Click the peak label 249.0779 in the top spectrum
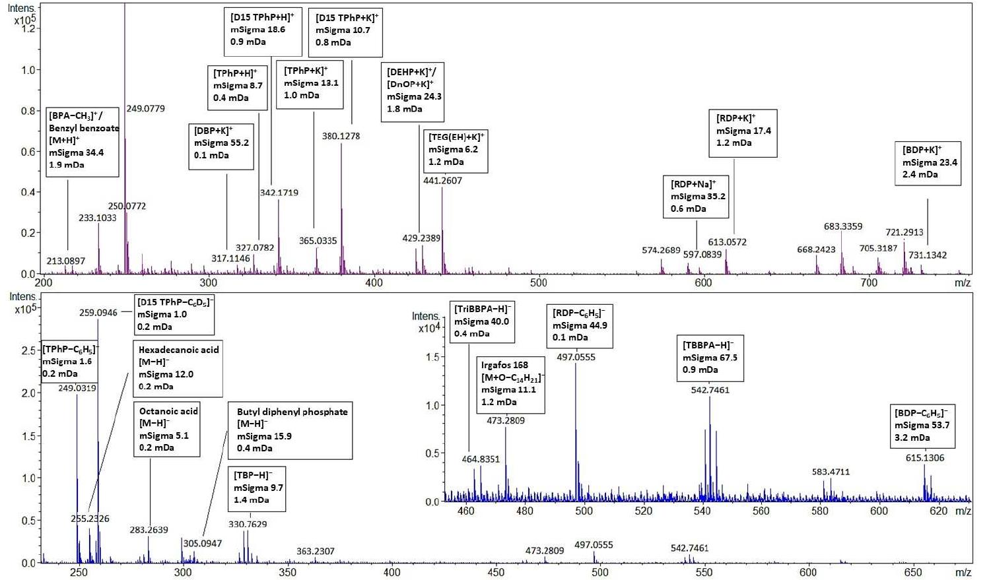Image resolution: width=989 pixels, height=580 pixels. (x=145, y=108)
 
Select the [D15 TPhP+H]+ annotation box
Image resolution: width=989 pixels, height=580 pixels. (x=262, y=30)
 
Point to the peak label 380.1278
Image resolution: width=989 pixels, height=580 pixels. (x=341, y=136)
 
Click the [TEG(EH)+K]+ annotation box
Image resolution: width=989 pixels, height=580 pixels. (x=455, y=150)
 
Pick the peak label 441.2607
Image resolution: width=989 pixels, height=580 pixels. (x=442, y=180)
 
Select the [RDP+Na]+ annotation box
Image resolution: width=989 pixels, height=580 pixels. (x=696, y=196)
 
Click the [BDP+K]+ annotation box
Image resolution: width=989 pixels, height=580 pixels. (x=927, y=162)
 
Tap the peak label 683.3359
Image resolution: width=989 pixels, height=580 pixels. (x=842, y=226)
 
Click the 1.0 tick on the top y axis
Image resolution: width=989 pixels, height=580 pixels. (x=28, y=70)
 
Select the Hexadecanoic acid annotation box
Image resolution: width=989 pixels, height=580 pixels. (x=178, y=368)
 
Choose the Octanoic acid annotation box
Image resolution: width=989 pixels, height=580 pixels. (x=166, y=429)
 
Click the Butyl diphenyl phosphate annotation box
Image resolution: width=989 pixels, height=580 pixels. (x=290, y=430)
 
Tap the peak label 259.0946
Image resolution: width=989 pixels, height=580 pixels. (x=98, y=313)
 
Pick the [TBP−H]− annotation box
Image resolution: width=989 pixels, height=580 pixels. (x=257, y=488)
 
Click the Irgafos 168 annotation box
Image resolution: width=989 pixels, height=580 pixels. (x=512, y=383)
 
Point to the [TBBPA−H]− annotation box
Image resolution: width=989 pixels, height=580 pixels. (x=710, y=357)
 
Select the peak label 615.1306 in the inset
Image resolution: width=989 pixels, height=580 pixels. (x=924, y=457)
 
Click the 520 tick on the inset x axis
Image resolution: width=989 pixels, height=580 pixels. (x=643, y=511)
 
